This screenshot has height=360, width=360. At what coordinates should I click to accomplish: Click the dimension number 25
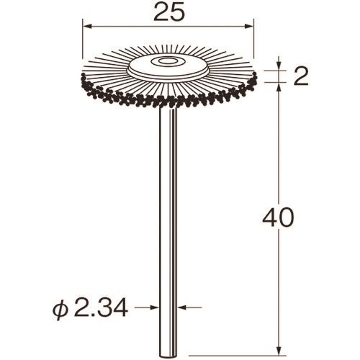[x=170, y=12]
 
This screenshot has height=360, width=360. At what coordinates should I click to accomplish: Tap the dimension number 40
[x=278, y=217]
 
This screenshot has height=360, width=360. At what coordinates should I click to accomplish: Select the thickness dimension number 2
[x=301, y=77]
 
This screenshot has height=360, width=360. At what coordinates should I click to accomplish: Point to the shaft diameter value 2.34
[x=100, y=307]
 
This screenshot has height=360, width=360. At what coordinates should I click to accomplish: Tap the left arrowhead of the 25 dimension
[x=87, y=26]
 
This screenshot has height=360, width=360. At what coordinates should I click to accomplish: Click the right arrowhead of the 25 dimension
[x=249, y=26]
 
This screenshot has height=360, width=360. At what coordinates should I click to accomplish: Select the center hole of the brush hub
[x=166, y=60]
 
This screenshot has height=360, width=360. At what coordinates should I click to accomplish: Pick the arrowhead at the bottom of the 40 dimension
[x=279, y=351]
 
